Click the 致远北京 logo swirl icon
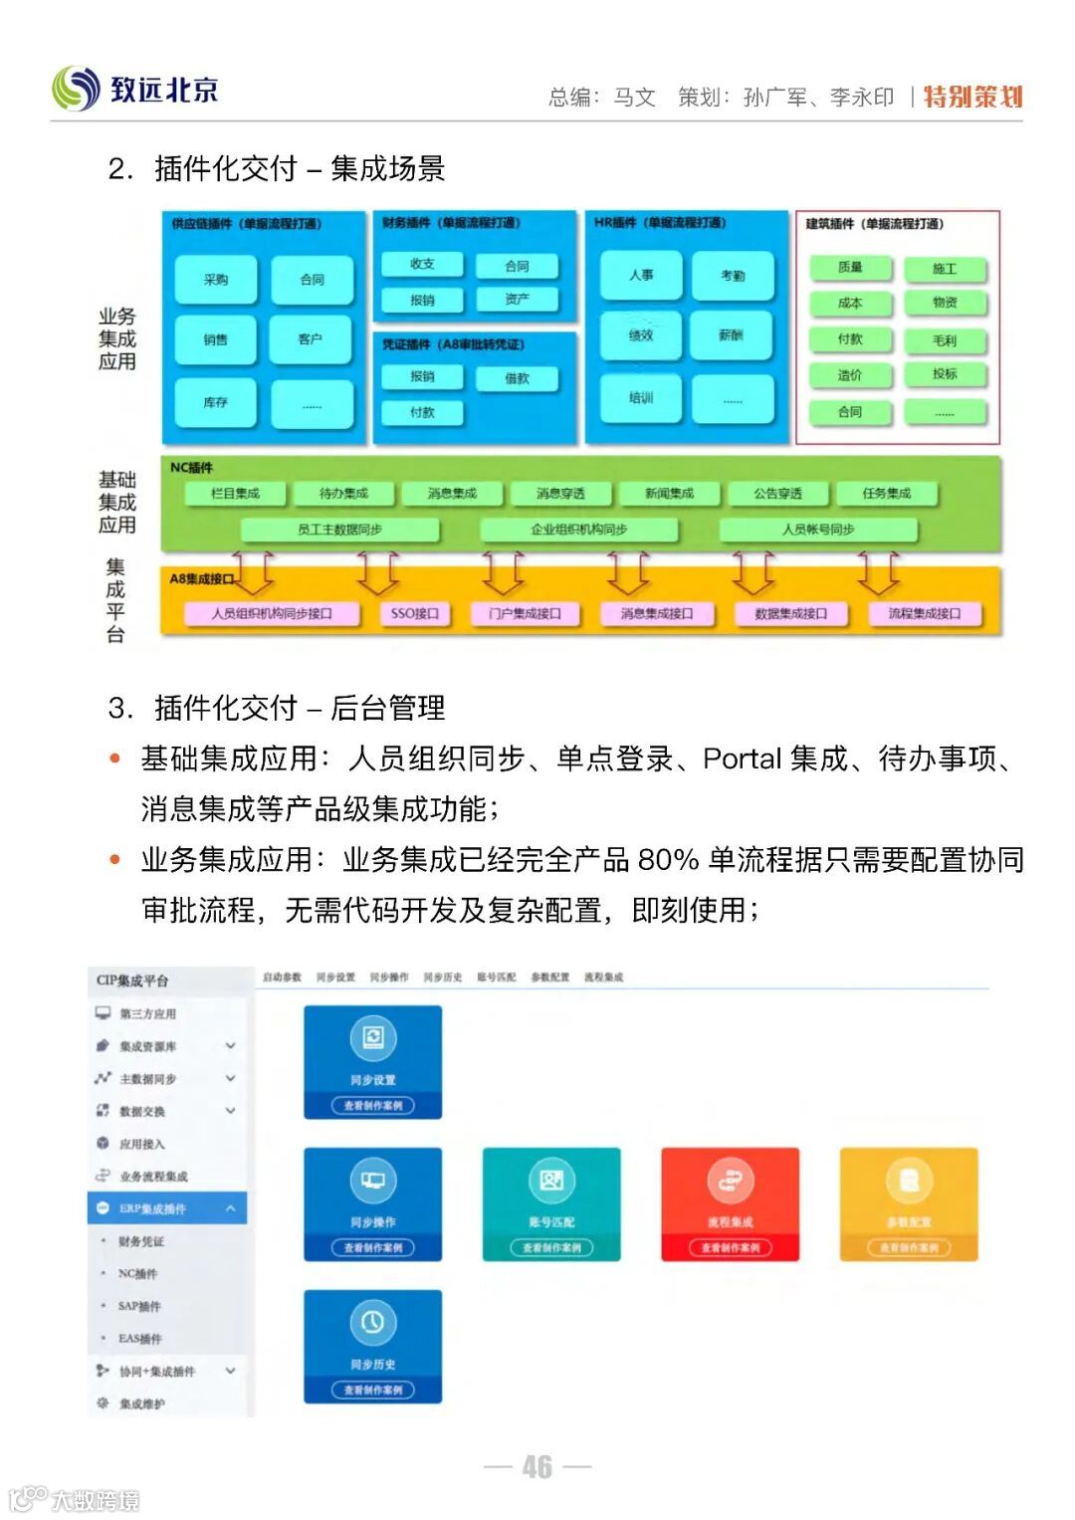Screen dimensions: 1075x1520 (77, 89)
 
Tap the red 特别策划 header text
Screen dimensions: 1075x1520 (972, 97)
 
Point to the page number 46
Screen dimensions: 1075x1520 (537, 1466)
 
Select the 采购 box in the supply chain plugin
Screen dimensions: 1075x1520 (216, 280)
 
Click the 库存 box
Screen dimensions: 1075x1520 (216, 402)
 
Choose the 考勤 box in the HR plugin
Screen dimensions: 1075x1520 (733, 276)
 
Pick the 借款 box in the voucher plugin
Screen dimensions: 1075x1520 (517, 379)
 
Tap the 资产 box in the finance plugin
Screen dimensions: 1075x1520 (517, 299)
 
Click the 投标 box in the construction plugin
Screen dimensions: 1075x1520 (945, 374)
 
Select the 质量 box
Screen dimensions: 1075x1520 (850, 268)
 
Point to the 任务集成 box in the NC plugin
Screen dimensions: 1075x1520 (887, 493)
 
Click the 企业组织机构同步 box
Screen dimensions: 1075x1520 (578, 530)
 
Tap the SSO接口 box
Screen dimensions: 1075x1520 (415, 613)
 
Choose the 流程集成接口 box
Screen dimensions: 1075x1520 (925, 613)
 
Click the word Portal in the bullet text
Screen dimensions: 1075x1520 (742, 759)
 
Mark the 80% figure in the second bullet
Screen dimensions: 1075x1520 (668, 859)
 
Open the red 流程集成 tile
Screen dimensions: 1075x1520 (731, 1203)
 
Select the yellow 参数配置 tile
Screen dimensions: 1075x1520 (909, 1203)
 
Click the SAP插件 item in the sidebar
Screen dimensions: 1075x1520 (138, 1306)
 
